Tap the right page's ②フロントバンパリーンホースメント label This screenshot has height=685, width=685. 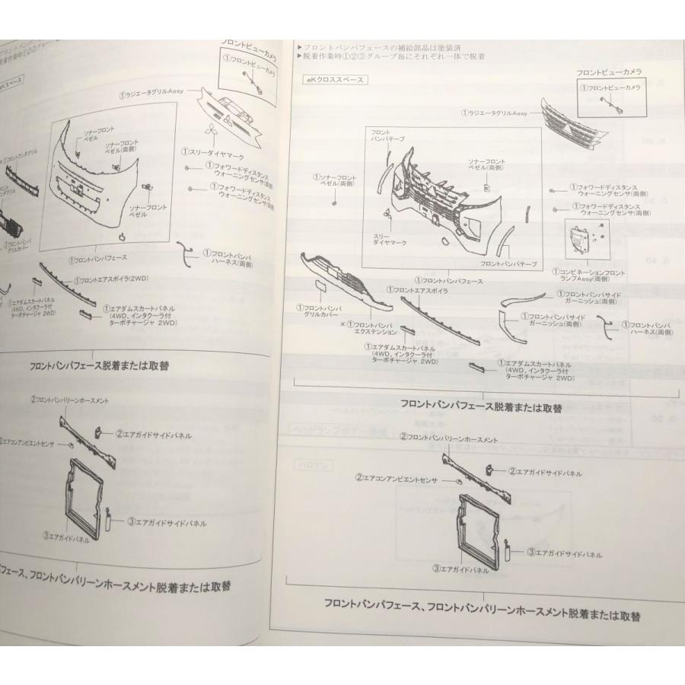(x=449, y=438)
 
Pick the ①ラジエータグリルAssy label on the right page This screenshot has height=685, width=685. (x=495, y=113)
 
